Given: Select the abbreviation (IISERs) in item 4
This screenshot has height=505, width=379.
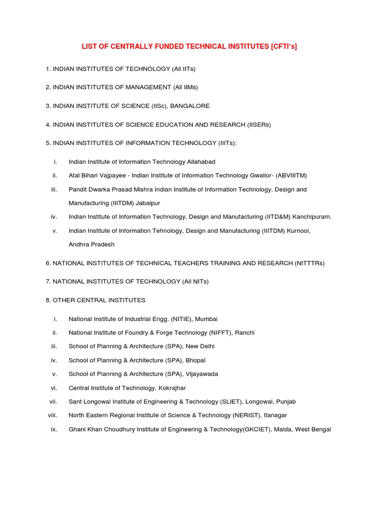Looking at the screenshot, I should coord(254,125).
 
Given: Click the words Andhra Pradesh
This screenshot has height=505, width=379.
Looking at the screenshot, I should coord(91,245).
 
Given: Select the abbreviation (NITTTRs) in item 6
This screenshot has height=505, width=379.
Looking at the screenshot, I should coord(310,263).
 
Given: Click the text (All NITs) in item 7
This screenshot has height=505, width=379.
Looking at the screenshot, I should coord(195,282).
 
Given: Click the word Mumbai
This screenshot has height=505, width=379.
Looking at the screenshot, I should coord(206,319).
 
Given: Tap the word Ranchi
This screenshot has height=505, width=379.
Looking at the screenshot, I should coord(244,333).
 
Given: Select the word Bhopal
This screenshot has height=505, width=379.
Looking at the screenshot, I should coord(195,361).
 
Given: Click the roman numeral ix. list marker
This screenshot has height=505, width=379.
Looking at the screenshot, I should coord(54,430).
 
